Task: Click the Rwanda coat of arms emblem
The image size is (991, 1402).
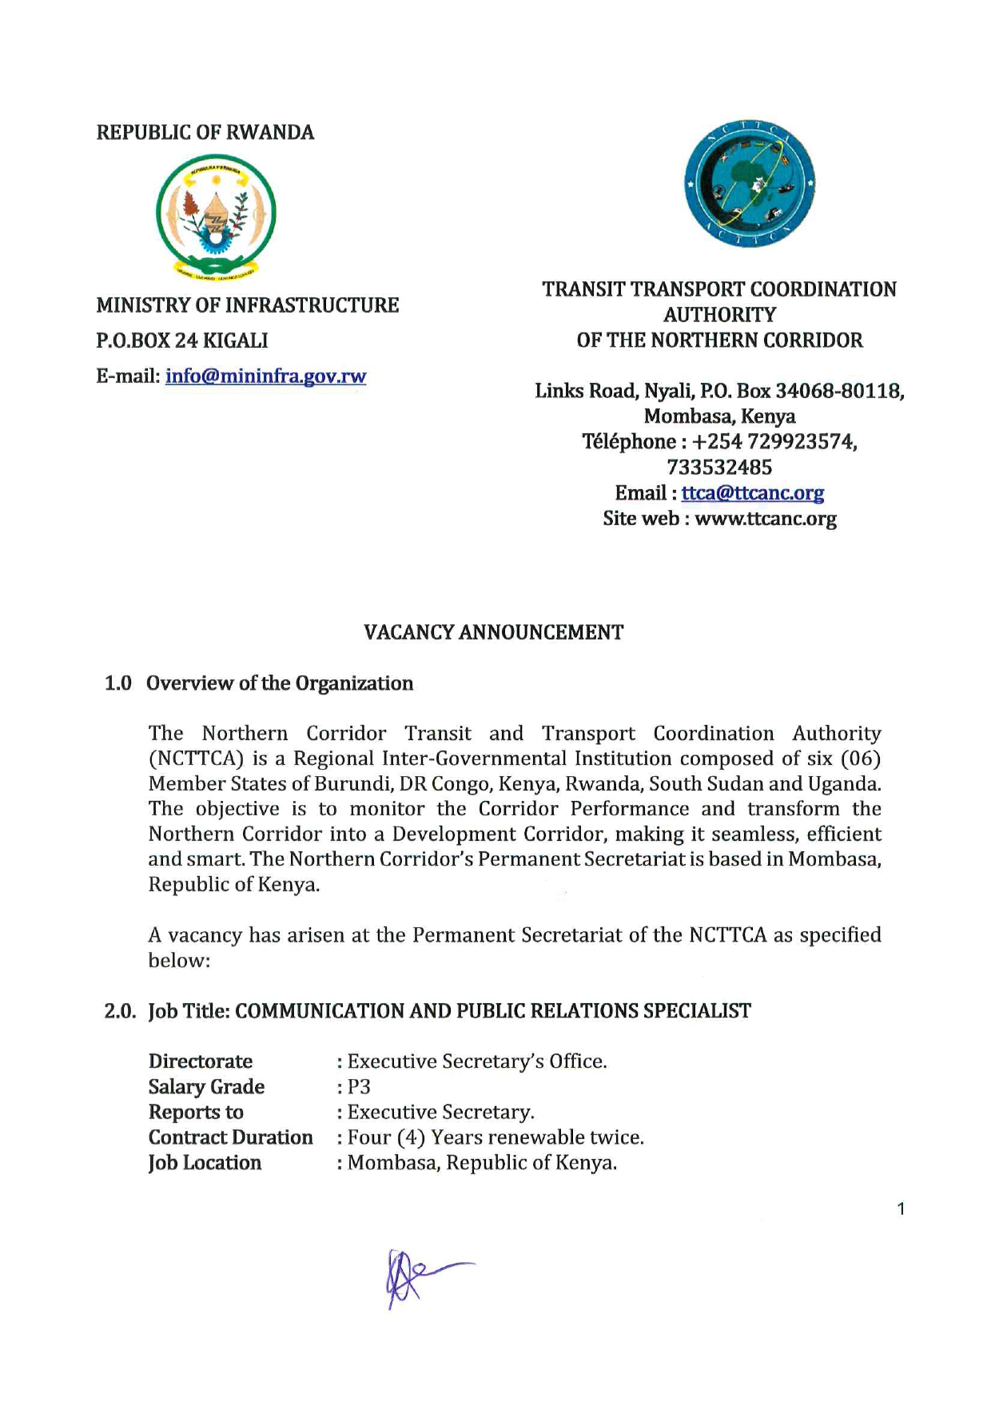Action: pos(216,216)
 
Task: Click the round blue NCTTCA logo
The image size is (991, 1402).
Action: pos(749,183)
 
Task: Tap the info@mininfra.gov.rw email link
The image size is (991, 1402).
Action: pos(265,376)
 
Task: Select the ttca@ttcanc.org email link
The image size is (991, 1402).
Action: pos(752,493)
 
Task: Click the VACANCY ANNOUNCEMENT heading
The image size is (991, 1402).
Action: pos(493,632)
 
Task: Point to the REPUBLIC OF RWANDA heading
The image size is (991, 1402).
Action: pos(205,133)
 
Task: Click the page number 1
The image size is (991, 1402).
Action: pos(901,1209)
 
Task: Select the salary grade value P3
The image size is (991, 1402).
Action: pos(359,1087)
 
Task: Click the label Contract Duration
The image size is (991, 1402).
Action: pos(230,1137)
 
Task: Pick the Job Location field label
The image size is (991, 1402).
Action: pos(205,1163)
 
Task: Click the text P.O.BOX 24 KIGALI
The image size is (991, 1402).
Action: pos(182,341)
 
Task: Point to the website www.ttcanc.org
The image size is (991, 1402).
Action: pos(766,519)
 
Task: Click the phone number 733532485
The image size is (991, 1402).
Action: pos(719,468)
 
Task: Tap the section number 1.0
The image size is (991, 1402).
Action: pos(118,683)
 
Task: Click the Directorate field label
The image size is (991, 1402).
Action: pos(200,1061)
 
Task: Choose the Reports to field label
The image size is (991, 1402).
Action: pos(196,1113)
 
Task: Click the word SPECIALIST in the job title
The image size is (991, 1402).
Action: pos(697,1011)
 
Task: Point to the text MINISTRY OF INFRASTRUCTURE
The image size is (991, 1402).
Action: pos(248,305)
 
